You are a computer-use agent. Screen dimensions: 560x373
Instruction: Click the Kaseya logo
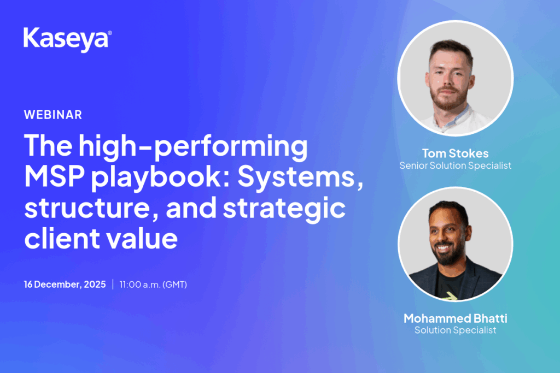(x=67, y=39)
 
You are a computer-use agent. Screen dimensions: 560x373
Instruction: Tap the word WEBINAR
(x=53, y=115)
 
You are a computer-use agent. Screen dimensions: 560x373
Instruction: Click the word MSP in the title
(x=54, y=176)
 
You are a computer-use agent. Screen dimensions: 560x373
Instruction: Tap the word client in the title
(x=62, y=238)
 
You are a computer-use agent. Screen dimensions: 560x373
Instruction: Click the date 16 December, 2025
(x=65, y=284)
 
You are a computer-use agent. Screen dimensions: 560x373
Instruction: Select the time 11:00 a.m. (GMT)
(x=153, y=285)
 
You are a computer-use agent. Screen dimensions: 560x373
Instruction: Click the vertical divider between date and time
(x=113, y=284)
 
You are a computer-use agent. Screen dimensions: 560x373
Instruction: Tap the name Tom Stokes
(x=456, y=153)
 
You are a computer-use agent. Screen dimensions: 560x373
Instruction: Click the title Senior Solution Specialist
(x=456, y=166)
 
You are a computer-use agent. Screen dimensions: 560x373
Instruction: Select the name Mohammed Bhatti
(x=456, y=318)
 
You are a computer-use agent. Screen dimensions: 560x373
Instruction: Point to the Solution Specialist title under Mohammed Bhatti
(x=456, y=330)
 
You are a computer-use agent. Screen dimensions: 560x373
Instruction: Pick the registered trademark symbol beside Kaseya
(x=109, y=33)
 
